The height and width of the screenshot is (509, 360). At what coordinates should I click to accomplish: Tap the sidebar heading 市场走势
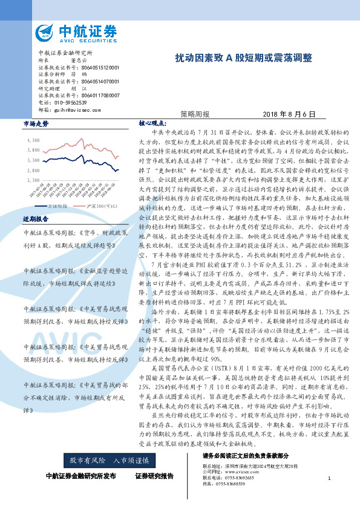pyautogui.click(x=35, y=124)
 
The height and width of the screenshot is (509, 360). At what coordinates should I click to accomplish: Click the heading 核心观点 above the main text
pyautogui.click(x=151, y=123)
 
